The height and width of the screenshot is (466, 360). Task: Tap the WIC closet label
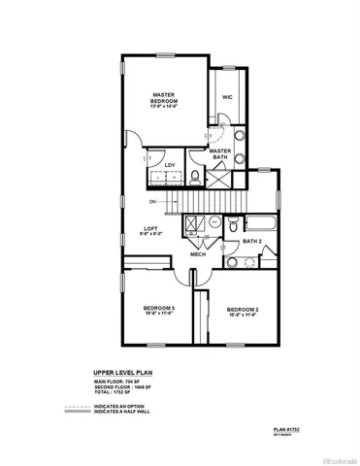tap(226, 97)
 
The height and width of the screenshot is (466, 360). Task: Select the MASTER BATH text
tap(219, 153)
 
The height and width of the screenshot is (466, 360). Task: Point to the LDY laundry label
tap(170, 165)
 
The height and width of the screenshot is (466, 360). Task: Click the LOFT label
tap(151, 228)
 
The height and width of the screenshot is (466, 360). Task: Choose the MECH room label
tap(197, 254)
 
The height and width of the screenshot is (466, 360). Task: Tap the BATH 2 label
tap(252, 241)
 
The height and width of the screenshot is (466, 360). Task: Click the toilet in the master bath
tap(196, 176)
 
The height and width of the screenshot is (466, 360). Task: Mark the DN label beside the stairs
tap(151, 202)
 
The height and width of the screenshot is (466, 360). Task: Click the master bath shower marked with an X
tap(219, 177)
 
